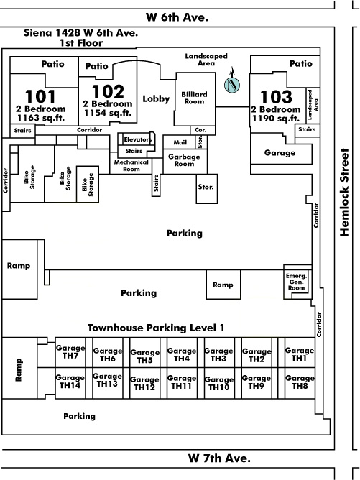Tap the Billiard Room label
(195, 98)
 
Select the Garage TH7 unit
(70, 352)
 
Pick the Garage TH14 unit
(70, 383)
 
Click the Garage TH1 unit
(300, 353)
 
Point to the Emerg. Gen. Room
(296, 282)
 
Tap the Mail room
(179, 142)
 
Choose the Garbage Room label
(184, 160)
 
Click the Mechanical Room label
(131, 165)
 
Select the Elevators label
(138, 139)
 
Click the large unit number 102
(108, 91)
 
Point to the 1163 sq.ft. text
(41, 118)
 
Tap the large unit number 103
(276, 97)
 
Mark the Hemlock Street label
(344, 192)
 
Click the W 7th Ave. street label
(219, 458)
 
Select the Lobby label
(156, 98)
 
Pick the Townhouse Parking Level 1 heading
(156, 328)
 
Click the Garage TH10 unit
(219, 383)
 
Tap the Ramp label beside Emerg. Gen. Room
(223, 285)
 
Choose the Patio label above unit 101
(52, 64)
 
